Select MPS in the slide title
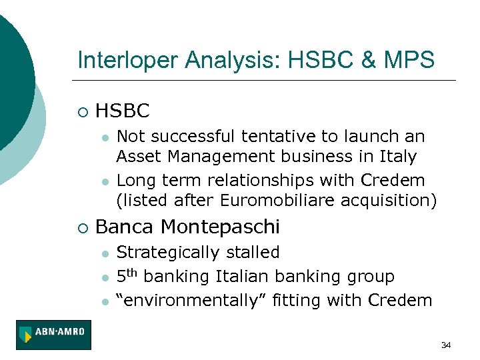pos(410,61)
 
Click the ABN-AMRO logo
pos(55,335)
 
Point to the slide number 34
pos(446,345)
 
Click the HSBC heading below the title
pos(123,111)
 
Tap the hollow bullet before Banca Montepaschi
pos(81,228)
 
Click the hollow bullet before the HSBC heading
pos(81,111)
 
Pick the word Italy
pos(398,157)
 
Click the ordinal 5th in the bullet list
pos(127,275)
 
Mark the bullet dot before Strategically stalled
pos(105,254)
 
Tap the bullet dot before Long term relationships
pos(105,181)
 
